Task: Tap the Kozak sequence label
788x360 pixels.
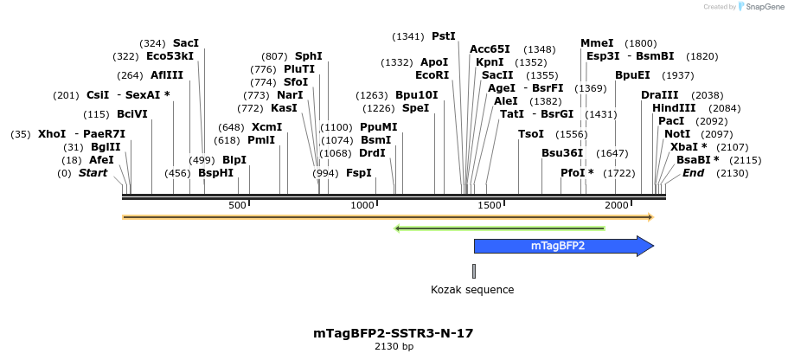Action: [472, 290]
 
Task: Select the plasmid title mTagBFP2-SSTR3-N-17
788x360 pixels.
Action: [394, 333]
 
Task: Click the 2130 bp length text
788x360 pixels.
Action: [394, 347]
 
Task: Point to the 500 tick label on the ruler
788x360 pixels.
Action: [238, 205]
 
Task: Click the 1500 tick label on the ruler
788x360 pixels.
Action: [490, 205]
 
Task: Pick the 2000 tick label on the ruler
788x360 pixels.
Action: [617, 205]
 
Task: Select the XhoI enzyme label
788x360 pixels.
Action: [52, 134]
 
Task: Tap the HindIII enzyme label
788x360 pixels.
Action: [674, 108]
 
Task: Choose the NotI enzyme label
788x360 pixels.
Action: [677, 134]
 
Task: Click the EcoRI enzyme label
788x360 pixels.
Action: [432, 75]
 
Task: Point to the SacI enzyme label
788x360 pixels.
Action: [185, 42]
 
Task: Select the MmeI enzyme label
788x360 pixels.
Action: [597, 42]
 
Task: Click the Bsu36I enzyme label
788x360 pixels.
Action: [562, 153]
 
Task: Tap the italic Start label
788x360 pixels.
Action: [93, 173]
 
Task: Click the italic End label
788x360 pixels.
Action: [693, 173]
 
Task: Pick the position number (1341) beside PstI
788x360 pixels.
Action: [408, 36]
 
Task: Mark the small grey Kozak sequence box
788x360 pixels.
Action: [474, 269]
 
